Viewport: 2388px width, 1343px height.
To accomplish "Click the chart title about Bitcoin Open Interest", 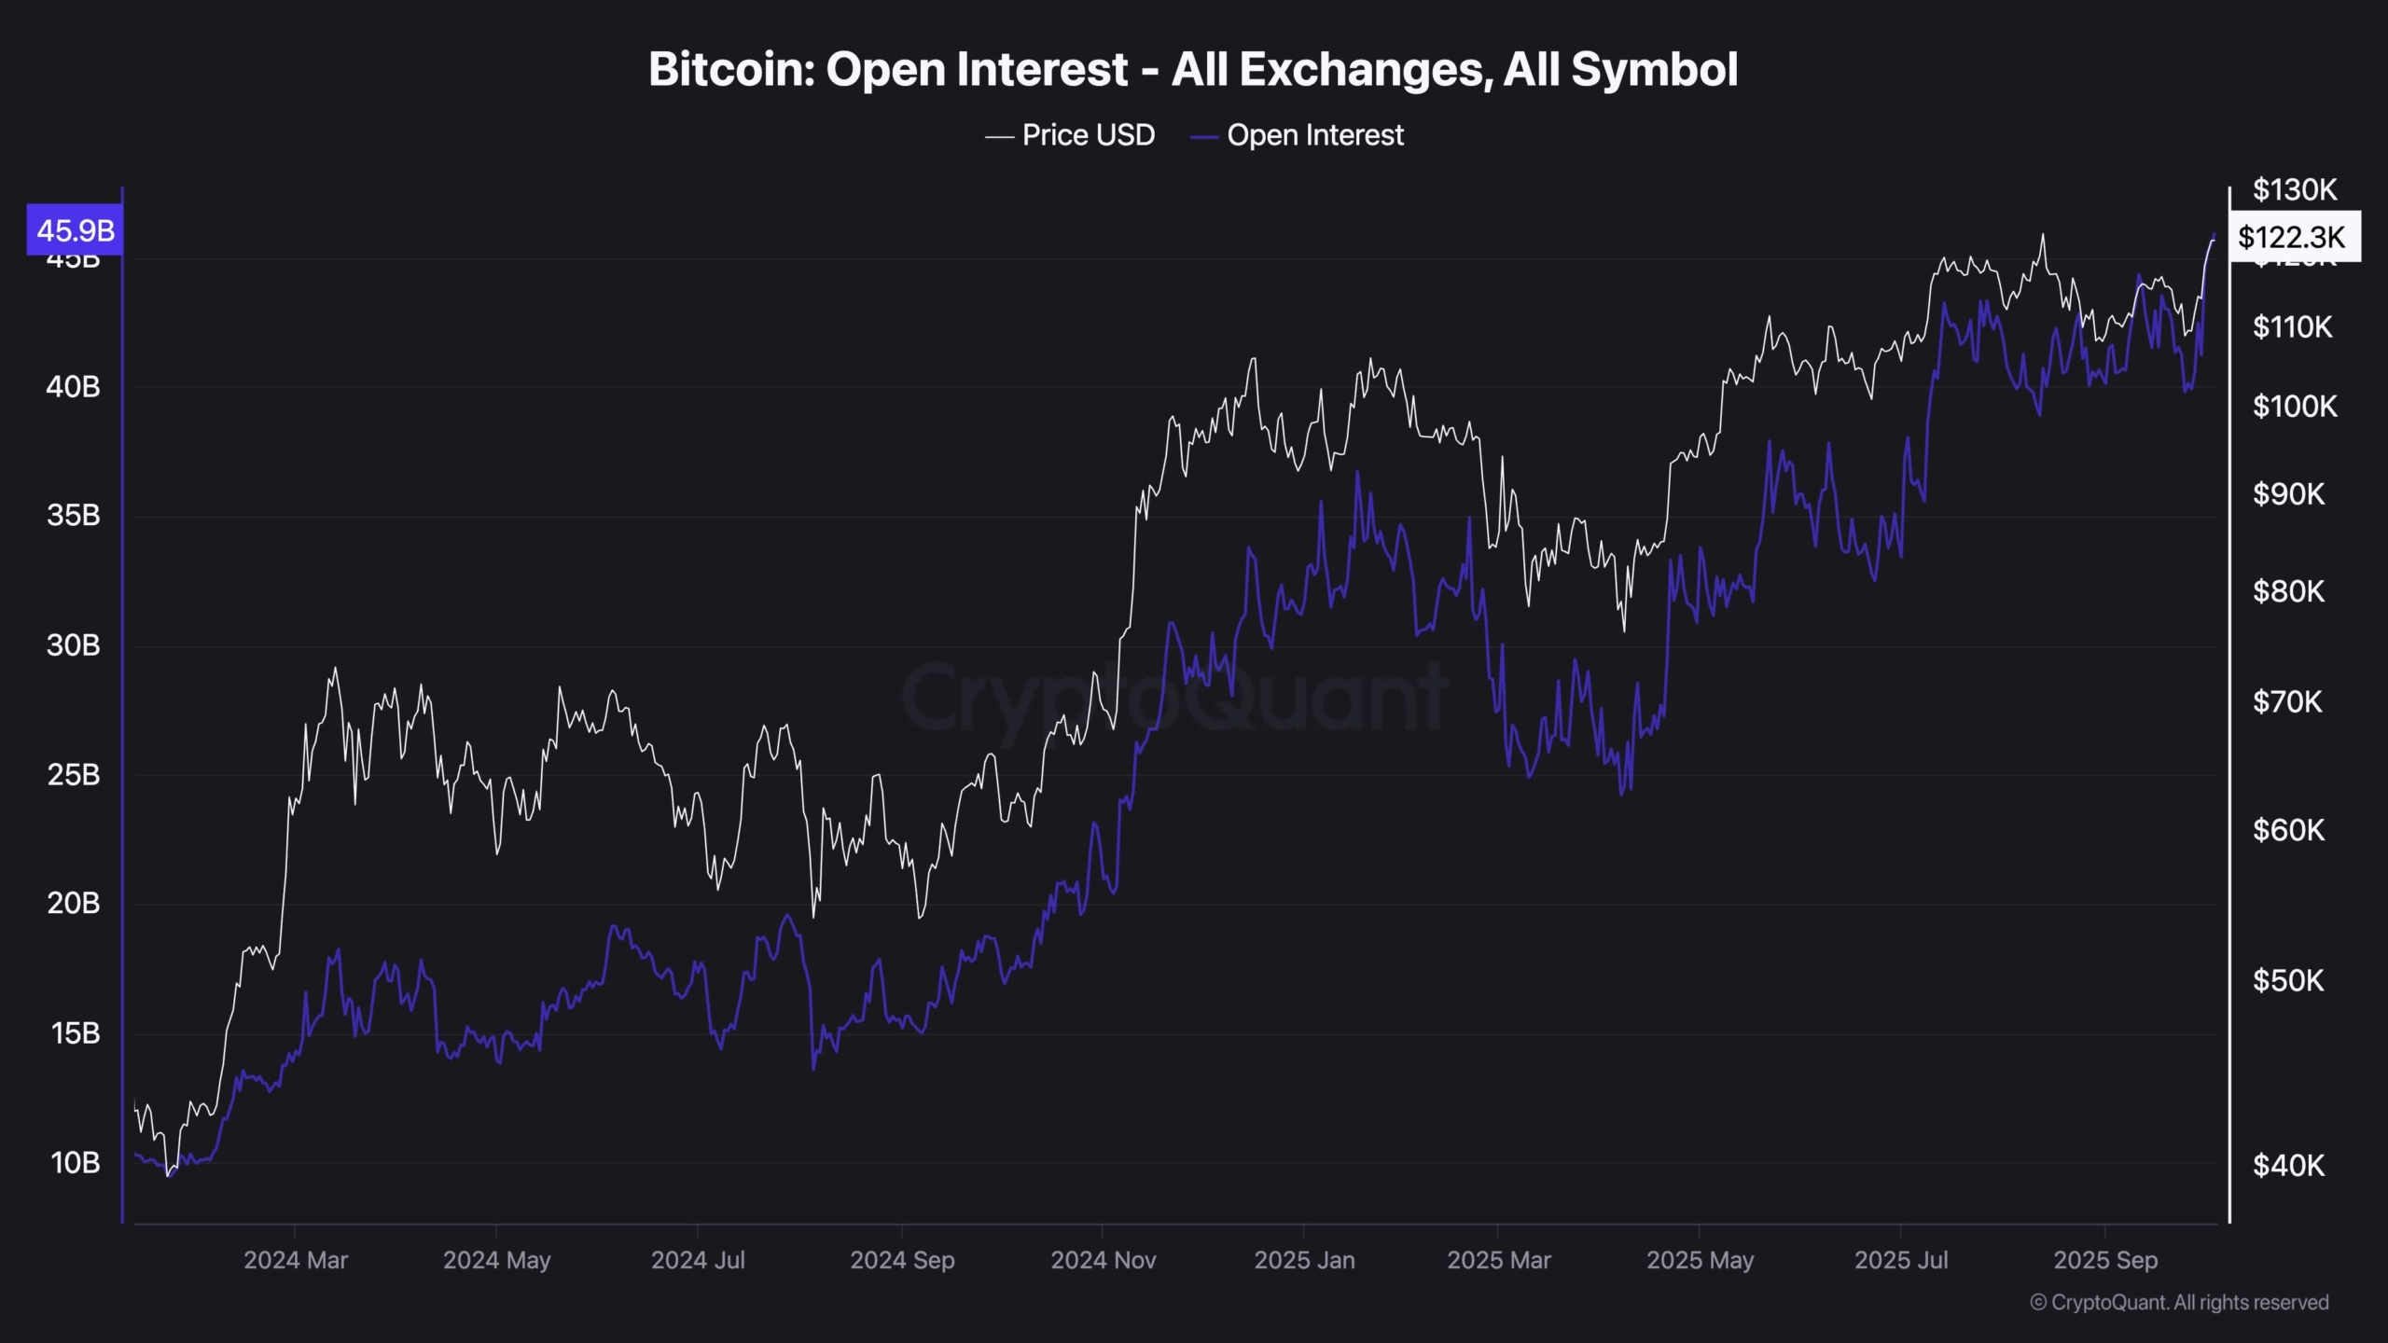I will point(1193,70).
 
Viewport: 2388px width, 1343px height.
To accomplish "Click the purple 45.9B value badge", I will point(75,229).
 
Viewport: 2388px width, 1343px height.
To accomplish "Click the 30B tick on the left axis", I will point(74,645).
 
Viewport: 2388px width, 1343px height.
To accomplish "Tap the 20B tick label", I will point(74,903).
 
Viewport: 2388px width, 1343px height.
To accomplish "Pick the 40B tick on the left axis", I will point(74,386).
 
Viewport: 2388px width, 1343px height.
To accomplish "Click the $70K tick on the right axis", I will point(2287,701).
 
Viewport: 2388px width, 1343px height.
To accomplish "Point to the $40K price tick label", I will point(2288,1165).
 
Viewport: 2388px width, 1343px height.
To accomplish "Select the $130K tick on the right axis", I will point(2295,190).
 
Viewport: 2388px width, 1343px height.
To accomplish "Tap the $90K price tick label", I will point(2288,493).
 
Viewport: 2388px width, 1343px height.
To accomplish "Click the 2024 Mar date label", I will point(296,1260).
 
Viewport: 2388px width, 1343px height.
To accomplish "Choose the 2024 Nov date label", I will point(1104,1260).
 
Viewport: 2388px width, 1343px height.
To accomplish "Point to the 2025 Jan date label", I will point(1304,1260).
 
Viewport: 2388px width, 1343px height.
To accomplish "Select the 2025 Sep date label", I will point(2105,1260).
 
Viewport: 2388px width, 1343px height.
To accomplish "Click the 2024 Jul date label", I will point(698,1260).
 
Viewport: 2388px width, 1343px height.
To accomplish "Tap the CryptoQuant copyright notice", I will point(2179,1303).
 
